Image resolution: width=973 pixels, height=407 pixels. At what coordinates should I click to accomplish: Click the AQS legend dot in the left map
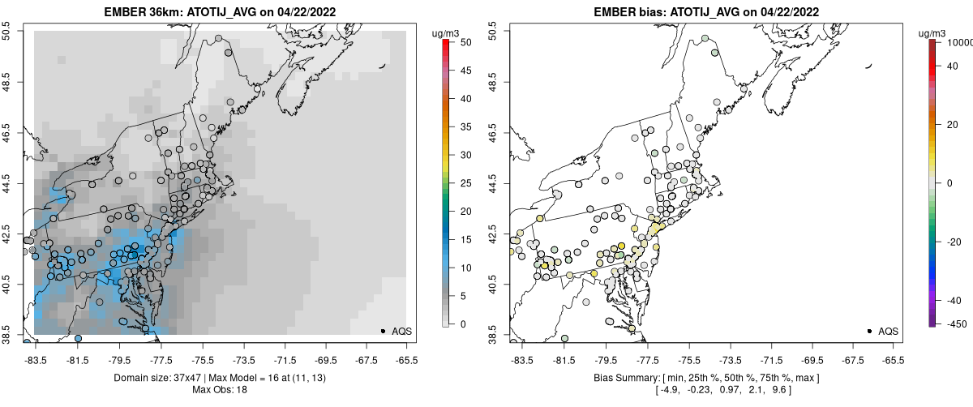[383, 331]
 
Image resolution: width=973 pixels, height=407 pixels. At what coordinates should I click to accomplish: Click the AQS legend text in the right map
[888, 331]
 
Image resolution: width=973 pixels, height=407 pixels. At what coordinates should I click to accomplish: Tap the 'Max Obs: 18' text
[221, 390]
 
